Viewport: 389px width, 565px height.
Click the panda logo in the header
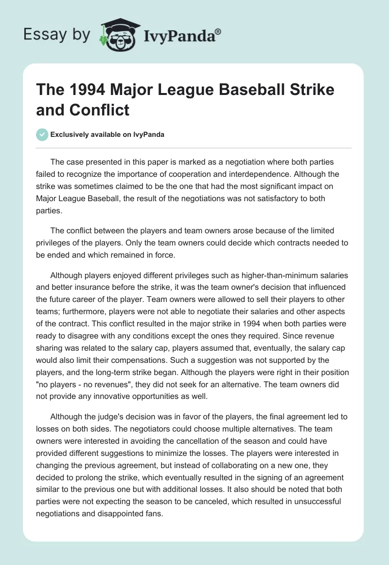(x=119, y=35)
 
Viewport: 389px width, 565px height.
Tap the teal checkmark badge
(x=43, y=134)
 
